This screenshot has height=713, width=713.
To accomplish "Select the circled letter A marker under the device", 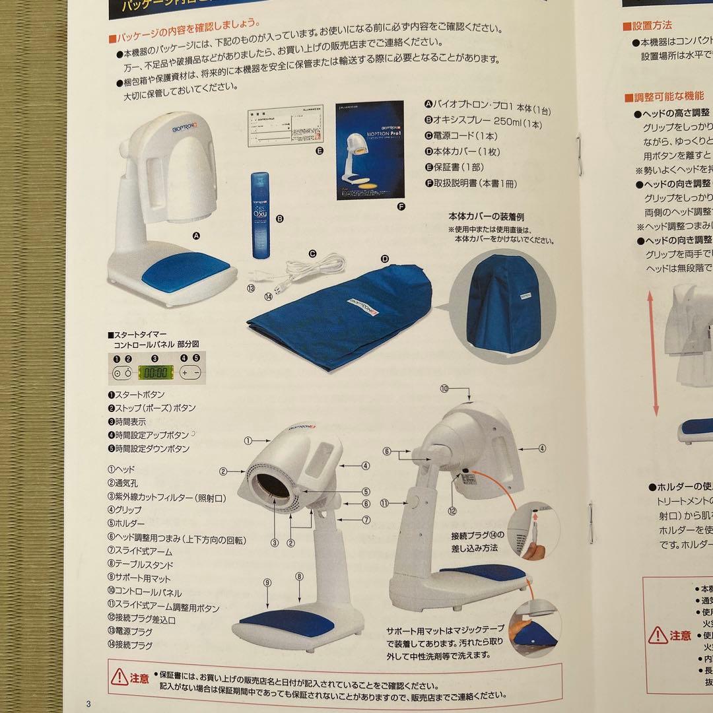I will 195,234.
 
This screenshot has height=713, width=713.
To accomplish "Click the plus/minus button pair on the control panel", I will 190,372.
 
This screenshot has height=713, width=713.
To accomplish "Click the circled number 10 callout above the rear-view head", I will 445,389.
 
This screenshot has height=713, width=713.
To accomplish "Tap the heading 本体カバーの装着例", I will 487,217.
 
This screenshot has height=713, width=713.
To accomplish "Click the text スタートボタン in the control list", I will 140,395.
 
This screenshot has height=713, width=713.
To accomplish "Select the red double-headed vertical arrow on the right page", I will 654,355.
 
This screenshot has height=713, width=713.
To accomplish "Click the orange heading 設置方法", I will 652,26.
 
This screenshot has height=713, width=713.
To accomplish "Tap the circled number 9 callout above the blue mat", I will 267,582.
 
